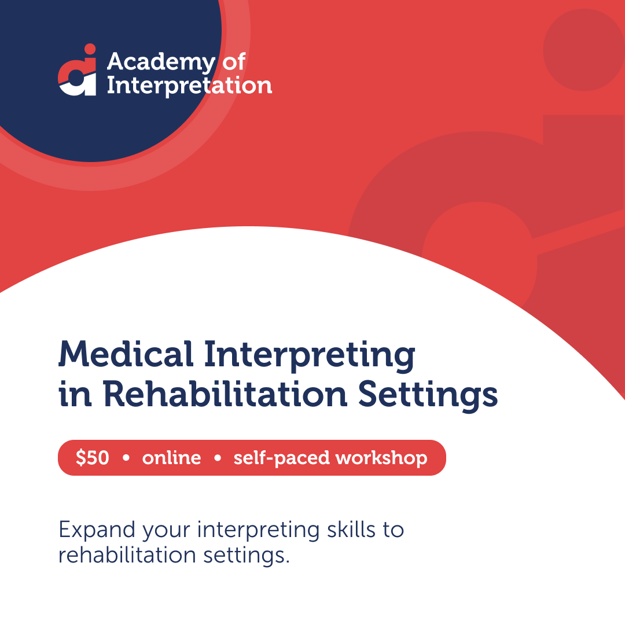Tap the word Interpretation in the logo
point(189,86)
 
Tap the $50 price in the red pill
point(92,458)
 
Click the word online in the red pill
point(171,458)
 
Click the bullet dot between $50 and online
point(126,458)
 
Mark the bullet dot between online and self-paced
point(218,458)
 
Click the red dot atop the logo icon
point(89,49)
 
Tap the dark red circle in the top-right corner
point(584,50)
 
